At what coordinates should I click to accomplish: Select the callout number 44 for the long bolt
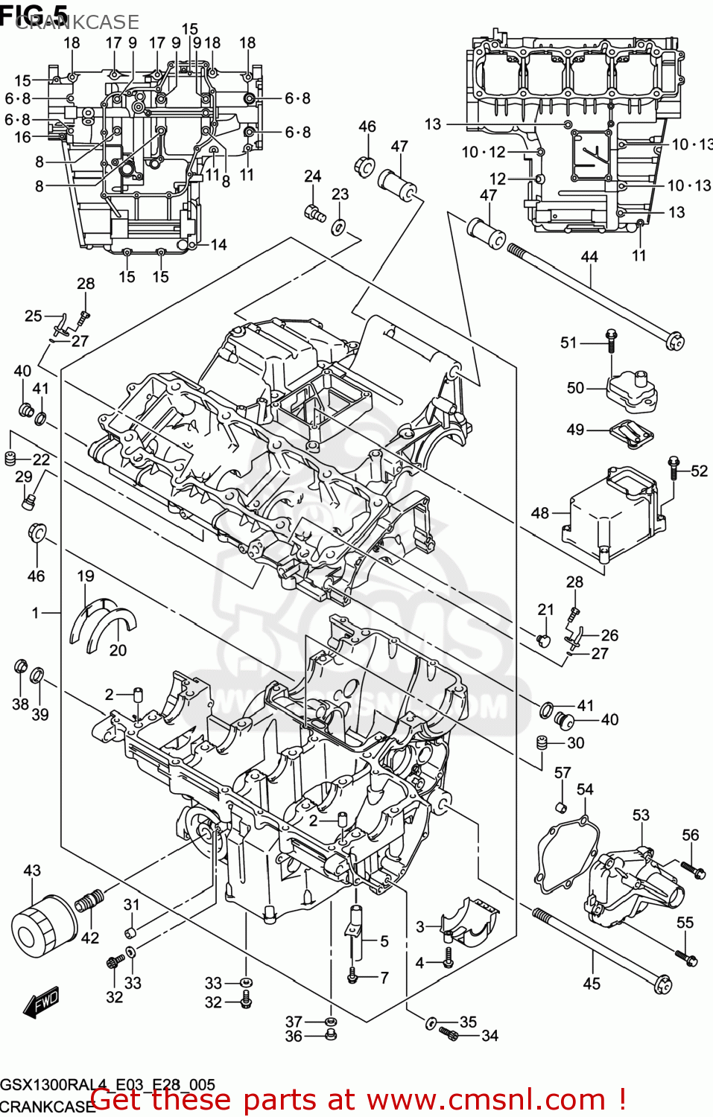(589, 257)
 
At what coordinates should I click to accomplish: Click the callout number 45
(591, 984)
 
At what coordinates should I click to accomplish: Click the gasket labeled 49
(630, 433)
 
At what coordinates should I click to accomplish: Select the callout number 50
(575, 387)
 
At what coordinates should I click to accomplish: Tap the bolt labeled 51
(611, 340)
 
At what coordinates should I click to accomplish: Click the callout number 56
(690, 835)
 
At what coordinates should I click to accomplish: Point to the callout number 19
(86, 576)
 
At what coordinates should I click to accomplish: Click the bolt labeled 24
(314, 213)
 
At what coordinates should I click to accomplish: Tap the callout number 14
(218, 244)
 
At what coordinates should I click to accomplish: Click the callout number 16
(22, 137)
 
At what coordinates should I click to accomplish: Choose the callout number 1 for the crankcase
(35, 612)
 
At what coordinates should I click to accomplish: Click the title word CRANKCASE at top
(77, 22)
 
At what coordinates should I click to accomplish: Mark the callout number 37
(294, 1022)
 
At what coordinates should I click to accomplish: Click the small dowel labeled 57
(563, 807)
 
